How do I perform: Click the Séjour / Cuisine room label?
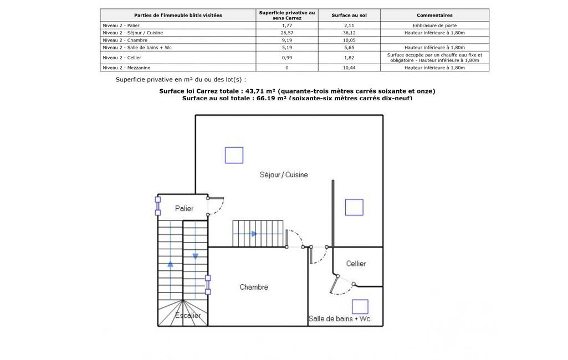tap(284, 174)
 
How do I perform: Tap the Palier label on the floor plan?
tap(184, 208)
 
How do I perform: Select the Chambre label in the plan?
tap(254, 287)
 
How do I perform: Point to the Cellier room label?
tap(356, 263)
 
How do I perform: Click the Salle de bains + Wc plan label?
tap(339, 318)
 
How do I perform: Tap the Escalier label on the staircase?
tap(188, 315)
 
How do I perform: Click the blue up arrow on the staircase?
tap(170, 264)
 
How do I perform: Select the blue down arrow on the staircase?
tap(195, 256)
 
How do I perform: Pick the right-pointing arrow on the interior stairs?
tap(254, 234)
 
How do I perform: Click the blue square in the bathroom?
tap(360, 306)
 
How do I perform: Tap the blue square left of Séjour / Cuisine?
tap(234, 156)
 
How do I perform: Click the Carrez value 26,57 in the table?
tap(287, 33)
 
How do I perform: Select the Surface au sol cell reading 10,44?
tap(349, 68)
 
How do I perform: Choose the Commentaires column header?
tap(434, 15)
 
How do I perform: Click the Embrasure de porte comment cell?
tap(434, 25)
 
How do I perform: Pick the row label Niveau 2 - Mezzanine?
tap(126, 68)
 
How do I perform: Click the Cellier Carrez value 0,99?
tap(287, 58)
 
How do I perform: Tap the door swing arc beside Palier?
tap(220, 209)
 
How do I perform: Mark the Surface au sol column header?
tap(349, 15)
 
